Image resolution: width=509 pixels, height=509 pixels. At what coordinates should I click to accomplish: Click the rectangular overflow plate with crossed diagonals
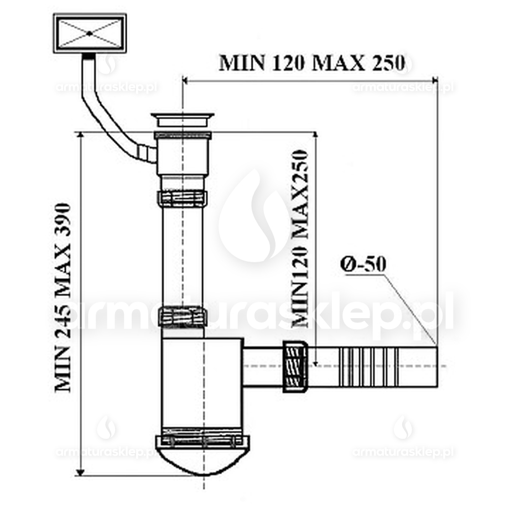[90, 33]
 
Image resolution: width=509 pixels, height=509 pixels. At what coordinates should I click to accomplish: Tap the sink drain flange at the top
[182, 118]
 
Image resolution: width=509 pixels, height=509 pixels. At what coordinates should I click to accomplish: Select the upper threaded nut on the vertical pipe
[182, 198]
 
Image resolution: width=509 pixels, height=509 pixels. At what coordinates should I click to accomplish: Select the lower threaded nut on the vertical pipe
[182, 316]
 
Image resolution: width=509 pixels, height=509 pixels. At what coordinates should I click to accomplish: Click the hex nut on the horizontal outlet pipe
[295, 366]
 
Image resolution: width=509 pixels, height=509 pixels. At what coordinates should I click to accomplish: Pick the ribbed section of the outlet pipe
[368, 366]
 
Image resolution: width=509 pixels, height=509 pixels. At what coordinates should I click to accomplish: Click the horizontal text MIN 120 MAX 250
[313, 62]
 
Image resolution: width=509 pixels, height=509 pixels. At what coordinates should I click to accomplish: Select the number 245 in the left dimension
[64, 322]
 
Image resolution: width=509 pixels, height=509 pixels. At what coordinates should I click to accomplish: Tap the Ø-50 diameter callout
[363, 264]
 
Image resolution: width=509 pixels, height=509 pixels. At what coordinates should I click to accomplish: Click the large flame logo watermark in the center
[254, 219]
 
